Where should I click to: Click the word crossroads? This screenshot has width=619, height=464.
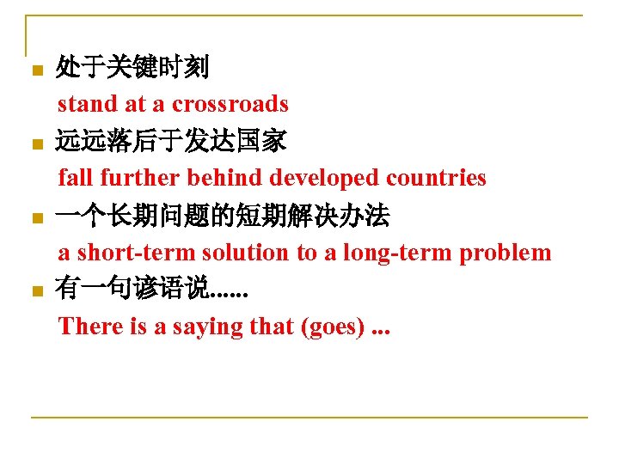230,104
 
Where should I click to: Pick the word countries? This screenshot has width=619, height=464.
436,178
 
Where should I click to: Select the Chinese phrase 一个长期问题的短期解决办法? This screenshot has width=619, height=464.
223,216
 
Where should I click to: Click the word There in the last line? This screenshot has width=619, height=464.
87,327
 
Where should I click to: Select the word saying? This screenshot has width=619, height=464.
208,328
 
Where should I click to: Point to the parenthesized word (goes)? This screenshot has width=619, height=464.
333,327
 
